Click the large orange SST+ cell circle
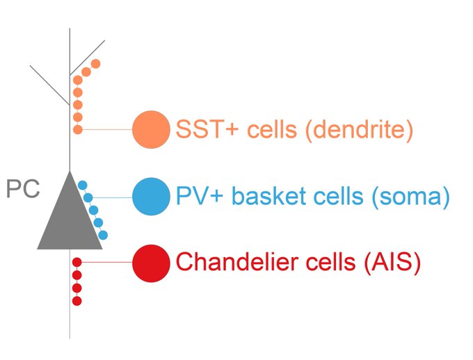151,129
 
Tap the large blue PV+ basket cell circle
151,197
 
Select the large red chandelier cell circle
151,263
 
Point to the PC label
23,190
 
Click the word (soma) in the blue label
410,197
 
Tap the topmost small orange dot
96,64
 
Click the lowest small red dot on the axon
77,301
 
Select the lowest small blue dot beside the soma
103,235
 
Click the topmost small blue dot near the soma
82,184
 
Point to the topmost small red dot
77,262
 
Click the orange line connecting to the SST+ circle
108,129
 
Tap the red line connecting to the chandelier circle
108,262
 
